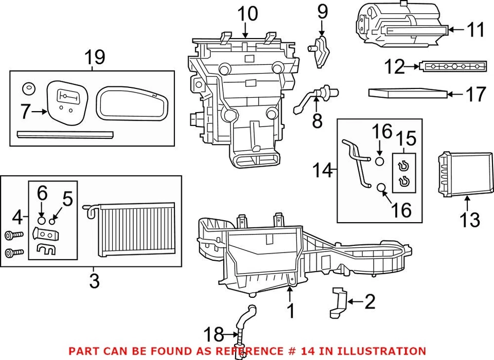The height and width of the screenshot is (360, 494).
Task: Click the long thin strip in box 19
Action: coord(65,135)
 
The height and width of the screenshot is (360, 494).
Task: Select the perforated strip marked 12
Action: coord(453,67)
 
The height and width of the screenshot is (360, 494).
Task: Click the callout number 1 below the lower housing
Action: coord(290,311)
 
